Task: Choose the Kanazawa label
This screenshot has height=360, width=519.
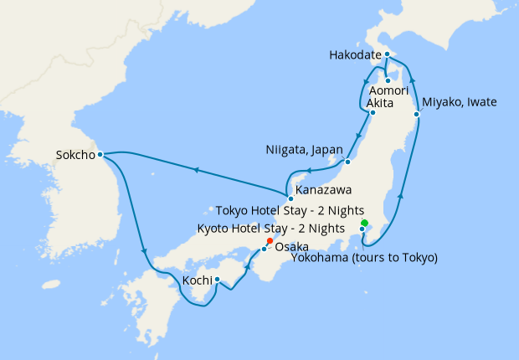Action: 323,191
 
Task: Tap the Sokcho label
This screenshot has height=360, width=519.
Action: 74,155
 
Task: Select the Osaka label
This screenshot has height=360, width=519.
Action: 291,247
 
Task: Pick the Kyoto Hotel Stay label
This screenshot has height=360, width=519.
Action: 270,228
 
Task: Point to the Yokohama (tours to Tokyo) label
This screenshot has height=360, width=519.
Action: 364,258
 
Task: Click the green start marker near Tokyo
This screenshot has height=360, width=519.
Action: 364,223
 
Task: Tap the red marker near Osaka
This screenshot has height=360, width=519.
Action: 270,241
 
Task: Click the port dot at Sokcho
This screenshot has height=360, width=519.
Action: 100,154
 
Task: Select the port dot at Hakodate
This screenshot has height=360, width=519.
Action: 387,54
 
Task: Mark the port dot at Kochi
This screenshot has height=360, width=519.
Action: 217,280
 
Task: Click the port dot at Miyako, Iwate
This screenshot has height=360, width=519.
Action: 416,113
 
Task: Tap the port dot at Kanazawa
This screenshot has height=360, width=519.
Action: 290,198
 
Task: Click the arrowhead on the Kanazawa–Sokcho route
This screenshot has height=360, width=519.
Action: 196,170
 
